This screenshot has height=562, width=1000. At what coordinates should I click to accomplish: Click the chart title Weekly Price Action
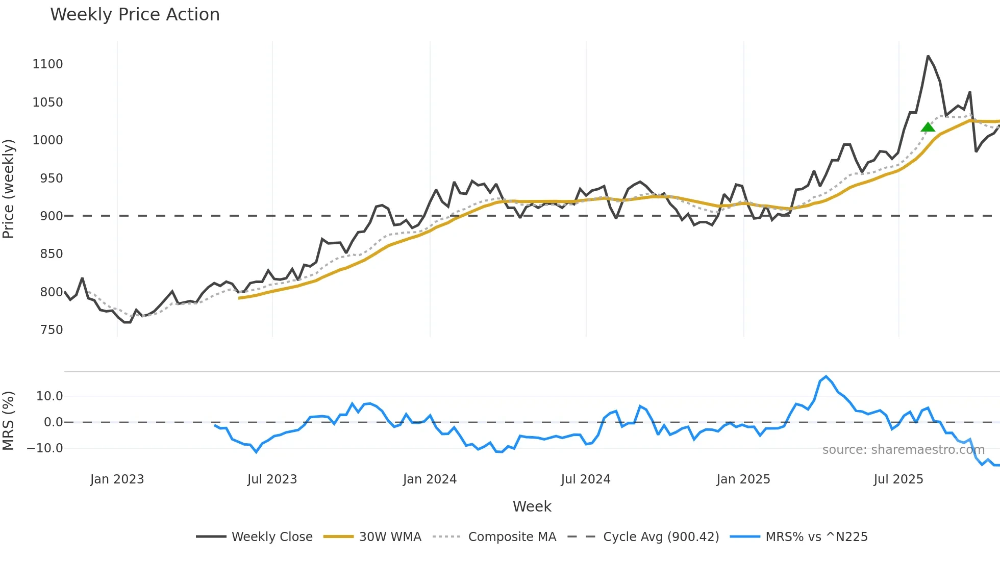click(135, 15)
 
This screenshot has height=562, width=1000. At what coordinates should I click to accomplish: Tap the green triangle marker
click(928, 127)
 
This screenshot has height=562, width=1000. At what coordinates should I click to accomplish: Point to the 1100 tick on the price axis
click(47, 64)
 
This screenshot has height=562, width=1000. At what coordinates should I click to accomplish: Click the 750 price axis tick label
click(51, 330)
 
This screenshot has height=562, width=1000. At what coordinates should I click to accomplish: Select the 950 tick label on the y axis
click(51, 178)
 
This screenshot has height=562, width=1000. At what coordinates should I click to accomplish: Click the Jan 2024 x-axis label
click(430, 479)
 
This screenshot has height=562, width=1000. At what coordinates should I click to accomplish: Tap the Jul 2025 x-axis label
click(898, 479)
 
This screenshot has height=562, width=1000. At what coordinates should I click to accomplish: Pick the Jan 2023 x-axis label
click(117, 479)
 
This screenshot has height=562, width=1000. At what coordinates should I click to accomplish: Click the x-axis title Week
click(532, 506)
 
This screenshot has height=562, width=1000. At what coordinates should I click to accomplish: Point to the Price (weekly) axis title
click(8, 189)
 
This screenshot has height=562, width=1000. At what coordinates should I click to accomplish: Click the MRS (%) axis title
click(8, 421)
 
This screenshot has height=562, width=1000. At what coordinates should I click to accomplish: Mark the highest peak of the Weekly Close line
click(928, 56)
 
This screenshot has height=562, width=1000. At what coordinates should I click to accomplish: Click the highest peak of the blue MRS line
click(826, 376)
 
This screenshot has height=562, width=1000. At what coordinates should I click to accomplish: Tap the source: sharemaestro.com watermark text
click(903, 450)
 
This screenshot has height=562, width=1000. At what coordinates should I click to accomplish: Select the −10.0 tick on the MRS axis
click(45, 448)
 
